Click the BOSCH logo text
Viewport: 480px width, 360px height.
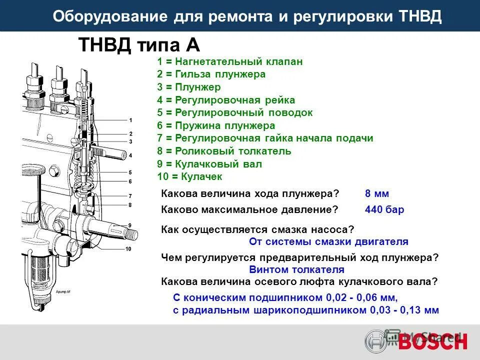click(433, 341)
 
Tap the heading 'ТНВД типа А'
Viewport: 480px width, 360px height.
click(139, 45)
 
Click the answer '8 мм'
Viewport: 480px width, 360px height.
click(376, 194)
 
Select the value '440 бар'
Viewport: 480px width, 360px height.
click(384, 210)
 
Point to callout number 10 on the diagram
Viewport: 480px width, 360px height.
click(128, 248)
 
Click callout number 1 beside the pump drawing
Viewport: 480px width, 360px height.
click(130, 120)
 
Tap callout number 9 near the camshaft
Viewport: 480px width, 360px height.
click(129, 225)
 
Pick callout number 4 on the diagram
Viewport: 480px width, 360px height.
click(130, 155)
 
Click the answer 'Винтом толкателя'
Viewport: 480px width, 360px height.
click(296, 269)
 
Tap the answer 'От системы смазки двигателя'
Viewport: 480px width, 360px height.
click(328, 242)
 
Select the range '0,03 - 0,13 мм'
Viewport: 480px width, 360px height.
click(403, 310)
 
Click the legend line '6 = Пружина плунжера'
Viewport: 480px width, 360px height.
click(215, 125)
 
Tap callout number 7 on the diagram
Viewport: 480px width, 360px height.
click(130, 196)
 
